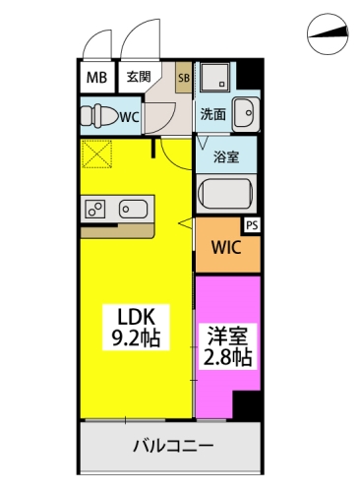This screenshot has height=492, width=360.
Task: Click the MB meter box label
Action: click(96, 78)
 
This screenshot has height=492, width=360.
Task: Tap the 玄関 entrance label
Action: click(139, 77)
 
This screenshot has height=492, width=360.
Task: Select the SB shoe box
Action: click(184, 77)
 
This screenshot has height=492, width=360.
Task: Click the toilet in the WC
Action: click(99, 116)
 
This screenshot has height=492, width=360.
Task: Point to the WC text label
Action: click(130, 117)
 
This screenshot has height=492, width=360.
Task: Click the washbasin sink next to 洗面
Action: click(246, 113)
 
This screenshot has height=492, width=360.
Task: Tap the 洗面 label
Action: click(213, 114)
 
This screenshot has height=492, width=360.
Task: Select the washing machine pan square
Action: click(215, 77)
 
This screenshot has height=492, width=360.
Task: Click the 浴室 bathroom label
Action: click(226, 157)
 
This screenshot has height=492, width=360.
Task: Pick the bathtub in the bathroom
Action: click(226, 196)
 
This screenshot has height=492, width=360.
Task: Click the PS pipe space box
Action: click(252, 225)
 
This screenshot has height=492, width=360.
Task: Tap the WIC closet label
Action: click(226, 247)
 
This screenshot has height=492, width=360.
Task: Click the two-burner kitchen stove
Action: click(95, 209)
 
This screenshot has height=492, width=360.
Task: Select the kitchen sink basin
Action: click(133, 209)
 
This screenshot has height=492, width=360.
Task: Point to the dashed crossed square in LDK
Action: click(96, 154)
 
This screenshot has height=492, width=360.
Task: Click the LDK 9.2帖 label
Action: click(136, 327)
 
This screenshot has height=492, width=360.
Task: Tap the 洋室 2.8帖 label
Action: click(228, 346)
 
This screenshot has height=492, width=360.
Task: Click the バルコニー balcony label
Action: click(173, 446)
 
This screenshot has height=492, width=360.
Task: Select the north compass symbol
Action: click(328, 33)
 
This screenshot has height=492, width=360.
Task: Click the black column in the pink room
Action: click(246, 404)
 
